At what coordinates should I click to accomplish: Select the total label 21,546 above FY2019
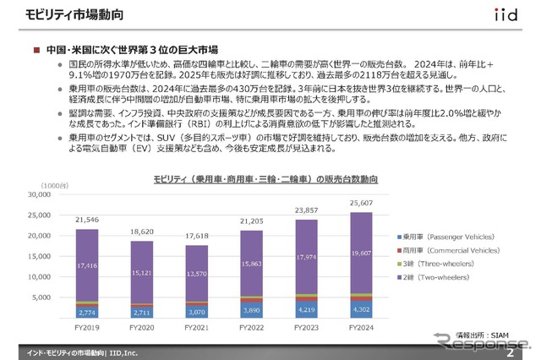[x=87, y=221]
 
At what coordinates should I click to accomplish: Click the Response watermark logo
[x=482, y=341]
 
